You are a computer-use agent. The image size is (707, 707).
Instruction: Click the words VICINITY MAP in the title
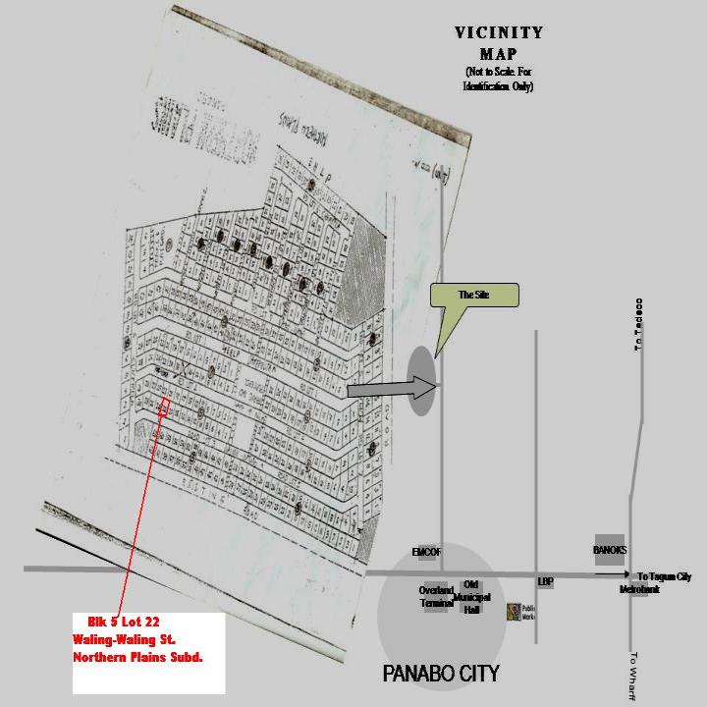click(x=499, y=42)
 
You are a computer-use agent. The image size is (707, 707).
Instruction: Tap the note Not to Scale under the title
click(x=499, y=79)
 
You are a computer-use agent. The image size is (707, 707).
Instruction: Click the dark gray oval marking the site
click(x=419, y=380)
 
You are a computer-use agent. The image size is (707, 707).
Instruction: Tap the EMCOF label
click(x=427, y=553)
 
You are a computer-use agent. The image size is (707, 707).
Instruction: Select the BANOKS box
click(x=610, y=551)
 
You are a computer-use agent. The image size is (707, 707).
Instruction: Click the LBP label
click(x=546, y=581)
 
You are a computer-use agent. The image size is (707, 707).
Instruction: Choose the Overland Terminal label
click(x=436, y=596)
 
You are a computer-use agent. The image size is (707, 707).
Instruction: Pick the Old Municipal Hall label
click(x=471, y=595)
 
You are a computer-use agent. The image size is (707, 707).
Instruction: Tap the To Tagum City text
click(x=664, y=577)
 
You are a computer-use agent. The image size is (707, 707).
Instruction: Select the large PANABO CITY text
click(x=441, y=674)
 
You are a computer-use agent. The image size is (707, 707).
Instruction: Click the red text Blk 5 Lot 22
click(x=117, y=622)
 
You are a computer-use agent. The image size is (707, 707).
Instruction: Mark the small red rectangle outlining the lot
click(x=164, y=406)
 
